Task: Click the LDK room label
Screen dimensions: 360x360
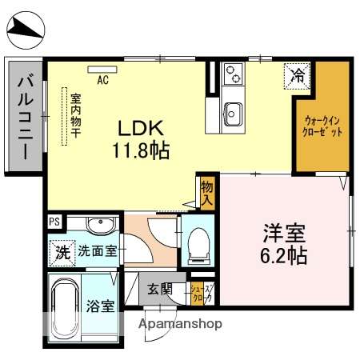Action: coord(141,127)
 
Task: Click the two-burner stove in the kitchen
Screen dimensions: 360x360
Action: coord(234,74)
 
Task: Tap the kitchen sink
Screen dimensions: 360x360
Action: coord(233,110)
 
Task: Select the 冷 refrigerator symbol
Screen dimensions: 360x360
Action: coord(297,77)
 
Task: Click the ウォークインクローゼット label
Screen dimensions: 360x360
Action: coord(324,126)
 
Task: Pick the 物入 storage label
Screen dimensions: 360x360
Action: coord(207,193)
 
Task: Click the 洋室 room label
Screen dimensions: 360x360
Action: coord(284,235)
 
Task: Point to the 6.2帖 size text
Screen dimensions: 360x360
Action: coord(284,257)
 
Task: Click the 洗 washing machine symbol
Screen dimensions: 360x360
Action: coord(61,250)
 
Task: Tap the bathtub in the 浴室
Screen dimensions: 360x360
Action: coord(63,308)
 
